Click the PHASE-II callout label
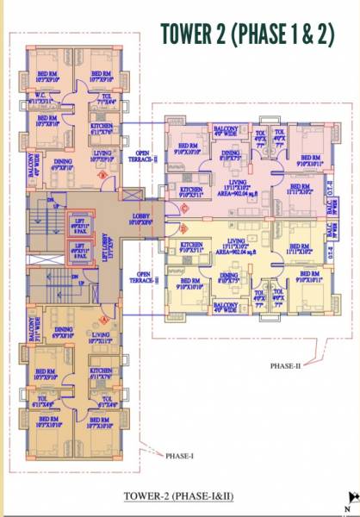click(x=287, y=366)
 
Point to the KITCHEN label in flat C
click(x=190, y=190)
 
